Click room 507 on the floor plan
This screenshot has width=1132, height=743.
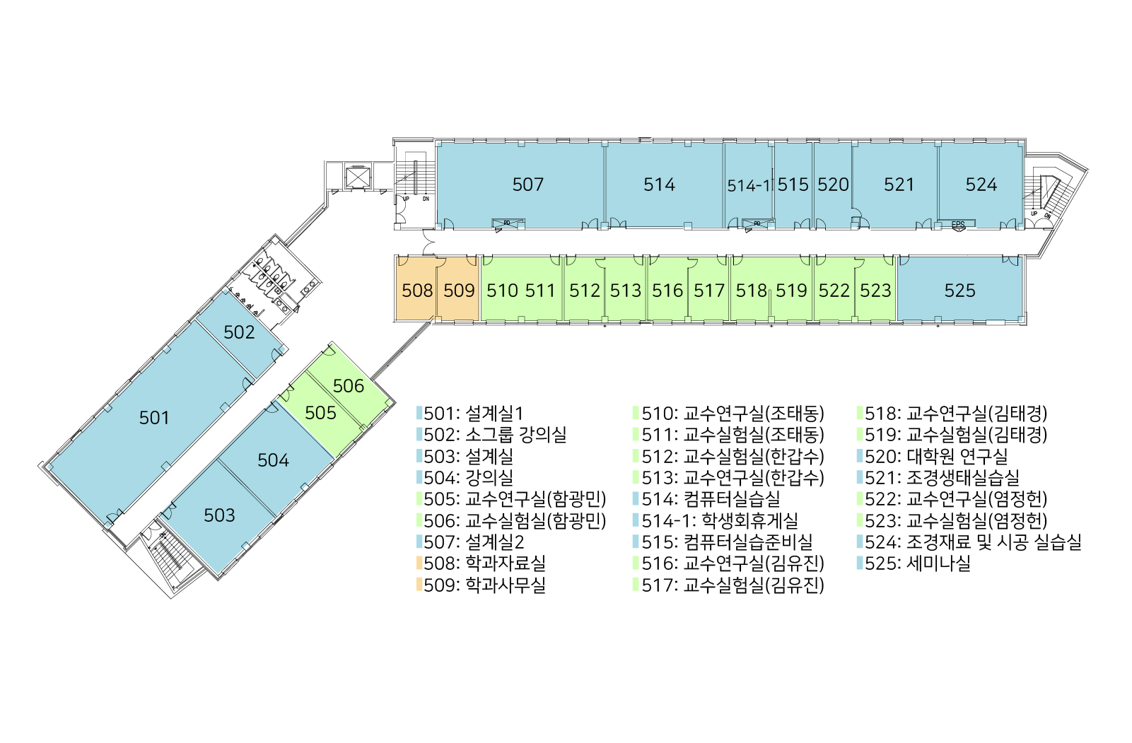click(527, 185)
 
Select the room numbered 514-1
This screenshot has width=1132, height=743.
click(749, 186)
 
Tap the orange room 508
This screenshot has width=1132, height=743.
click(416, 291)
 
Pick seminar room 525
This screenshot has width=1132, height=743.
click(959, 291)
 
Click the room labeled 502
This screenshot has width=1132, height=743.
click(239, 332)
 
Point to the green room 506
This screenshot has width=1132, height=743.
click(349, 386)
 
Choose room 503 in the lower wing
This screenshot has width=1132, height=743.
click(219, 515)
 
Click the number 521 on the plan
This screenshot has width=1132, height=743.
click(899, 185)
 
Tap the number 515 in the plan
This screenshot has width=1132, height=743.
click(793, 185)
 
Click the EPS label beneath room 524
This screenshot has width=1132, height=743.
click(957, 225)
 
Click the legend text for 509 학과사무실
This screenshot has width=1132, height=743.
click(484, 585)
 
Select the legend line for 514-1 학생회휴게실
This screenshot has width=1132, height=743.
click(719, 521)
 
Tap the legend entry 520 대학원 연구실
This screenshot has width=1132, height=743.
click(935, 457)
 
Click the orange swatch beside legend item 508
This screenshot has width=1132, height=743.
click(419, 563)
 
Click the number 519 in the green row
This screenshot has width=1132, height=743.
click(790, 291)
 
